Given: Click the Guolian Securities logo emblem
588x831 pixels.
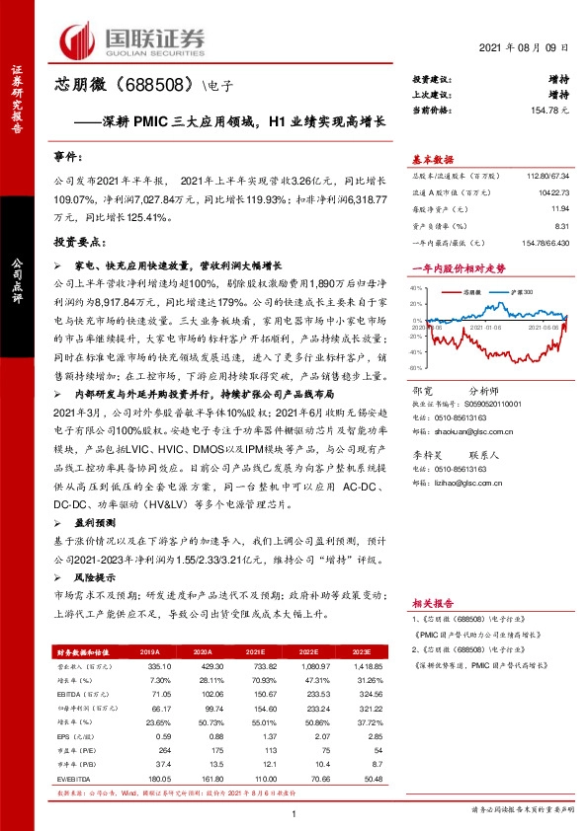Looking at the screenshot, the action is [x=78, y=39].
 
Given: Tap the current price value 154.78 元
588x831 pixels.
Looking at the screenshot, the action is [x=552, y=112].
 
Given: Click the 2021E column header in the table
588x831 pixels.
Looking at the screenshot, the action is [x=254, y=652].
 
